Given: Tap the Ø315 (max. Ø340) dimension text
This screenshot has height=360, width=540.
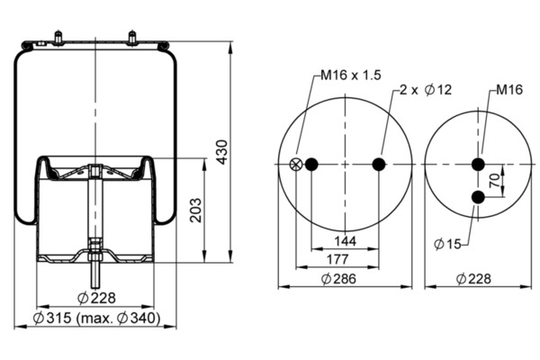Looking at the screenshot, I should point(96,319).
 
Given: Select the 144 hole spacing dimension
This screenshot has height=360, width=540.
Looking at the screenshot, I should point(346,241).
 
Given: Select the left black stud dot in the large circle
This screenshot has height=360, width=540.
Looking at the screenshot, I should point(311,164).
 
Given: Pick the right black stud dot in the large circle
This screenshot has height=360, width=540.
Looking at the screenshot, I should point(379,164).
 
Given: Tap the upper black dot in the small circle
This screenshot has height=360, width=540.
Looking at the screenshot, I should point(479,164).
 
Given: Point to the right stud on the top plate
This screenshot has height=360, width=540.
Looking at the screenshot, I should point(133,38).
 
